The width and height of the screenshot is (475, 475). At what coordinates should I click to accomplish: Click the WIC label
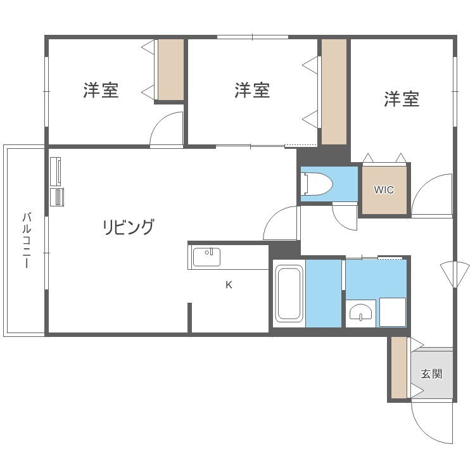pos(384,189)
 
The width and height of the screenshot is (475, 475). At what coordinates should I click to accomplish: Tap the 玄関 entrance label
pos(432,374)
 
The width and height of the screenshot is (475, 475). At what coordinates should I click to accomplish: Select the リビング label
pos(129,227)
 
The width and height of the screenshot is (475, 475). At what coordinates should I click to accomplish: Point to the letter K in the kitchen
pos(229,285)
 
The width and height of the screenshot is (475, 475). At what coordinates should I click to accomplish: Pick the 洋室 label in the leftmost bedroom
pos(101,91)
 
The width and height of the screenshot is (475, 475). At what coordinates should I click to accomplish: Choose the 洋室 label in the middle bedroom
pos(252,91)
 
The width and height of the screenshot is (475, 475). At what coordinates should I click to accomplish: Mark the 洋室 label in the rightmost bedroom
pos(402,99)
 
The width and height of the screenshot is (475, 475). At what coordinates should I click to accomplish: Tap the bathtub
pos(289,293)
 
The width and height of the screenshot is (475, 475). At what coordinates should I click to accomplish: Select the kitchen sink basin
pos(206,257)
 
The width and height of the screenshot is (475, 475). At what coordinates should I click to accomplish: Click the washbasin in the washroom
pos(361,313)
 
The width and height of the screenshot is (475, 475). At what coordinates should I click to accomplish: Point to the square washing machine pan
pos(393,312)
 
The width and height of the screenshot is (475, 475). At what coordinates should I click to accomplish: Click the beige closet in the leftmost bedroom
pos(170,70)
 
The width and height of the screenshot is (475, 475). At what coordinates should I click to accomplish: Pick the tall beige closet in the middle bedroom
pos(334,91)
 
